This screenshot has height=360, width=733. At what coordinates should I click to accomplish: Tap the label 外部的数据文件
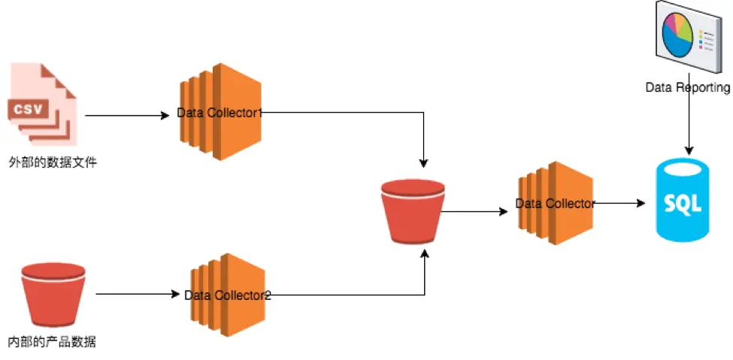[x=53, y=161]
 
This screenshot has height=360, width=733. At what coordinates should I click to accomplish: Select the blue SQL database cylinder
[x=682, y=201]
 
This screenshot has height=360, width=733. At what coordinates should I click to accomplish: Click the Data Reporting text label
[x=687, y=88]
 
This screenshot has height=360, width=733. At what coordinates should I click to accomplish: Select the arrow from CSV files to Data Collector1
[x=128, y=116]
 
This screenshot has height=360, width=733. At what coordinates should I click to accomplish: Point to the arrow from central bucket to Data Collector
[x=474, y=212]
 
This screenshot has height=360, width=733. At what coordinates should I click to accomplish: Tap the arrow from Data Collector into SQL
[x=620, y=203]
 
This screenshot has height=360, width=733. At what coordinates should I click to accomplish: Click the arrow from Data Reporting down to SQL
[x=689, y=124]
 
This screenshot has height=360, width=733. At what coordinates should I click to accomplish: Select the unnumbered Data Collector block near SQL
[x=556, y=203]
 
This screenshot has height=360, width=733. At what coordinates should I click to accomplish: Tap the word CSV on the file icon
[x=29, y=110]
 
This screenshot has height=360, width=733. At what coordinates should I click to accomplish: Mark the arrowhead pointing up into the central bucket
[x=425, y=256]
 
